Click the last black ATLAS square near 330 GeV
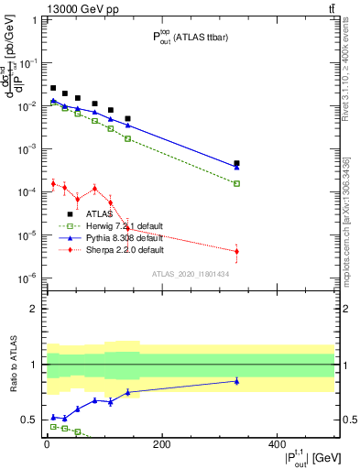[237, 163]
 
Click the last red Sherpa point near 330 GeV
[237, 251]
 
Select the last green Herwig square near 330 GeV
[237, 183]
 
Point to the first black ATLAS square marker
[53, 88]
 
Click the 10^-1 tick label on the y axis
[31, 62]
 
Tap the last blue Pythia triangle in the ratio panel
[237, 381]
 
